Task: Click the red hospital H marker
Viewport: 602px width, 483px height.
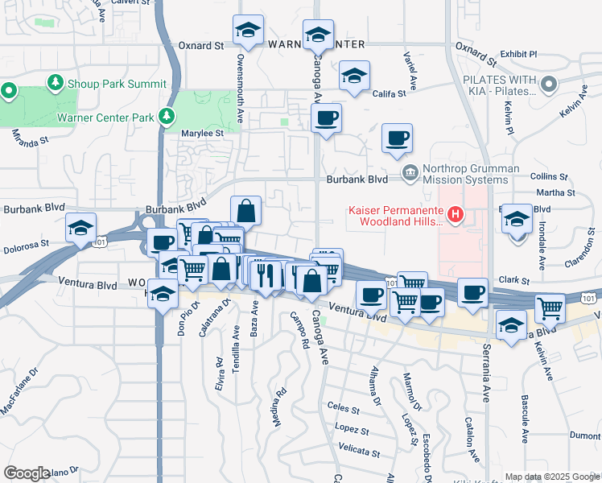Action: (x=456, y=214)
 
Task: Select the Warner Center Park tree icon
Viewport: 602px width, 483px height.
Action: (x=167, y=118)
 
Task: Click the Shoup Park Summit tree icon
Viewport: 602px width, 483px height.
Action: (x=56, y=83)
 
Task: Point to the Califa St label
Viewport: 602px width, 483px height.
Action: (x=390, y=94)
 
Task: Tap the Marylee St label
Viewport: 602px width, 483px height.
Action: (x=202, y=133)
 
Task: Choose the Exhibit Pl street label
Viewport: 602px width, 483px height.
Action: (x=517, y=54)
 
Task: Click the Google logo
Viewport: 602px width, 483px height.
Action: (x=27, y=473)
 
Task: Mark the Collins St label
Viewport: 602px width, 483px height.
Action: (x=549, y=175)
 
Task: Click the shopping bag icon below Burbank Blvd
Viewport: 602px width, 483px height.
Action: (x=246, y=211)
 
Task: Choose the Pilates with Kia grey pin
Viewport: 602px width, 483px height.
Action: (x=550, y=85)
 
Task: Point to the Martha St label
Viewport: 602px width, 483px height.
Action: (x=550, y=192)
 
